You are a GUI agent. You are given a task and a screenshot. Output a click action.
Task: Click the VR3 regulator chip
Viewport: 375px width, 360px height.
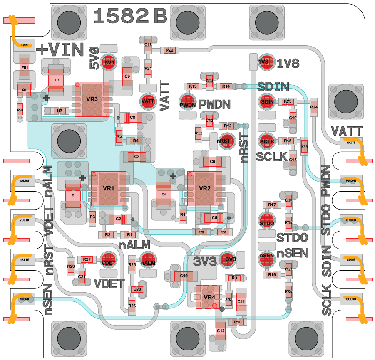(92, 99)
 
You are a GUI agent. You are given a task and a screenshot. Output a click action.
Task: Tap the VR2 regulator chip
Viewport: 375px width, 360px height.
(204, 188)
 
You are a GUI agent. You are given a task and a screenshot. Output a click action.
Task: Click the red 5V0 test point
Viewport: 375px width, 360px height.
(109, 63)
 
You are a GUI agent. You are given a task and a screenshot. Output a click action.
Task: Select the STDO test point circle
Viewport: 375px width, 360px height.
(267, 223)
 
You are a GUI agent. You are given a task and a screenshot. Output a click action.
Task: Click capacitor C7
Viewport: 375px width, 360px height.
(57, 79)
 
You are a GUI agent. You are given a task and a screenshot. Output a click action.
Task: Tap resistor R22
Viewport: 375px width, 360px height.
(169, 50)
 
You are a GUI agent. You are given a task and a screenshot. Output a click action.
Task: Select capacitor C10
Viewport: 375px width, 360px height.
(184, 276)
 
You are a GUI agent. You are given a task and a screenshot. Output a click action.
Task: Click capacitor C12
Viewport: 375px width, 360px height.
(221, 330)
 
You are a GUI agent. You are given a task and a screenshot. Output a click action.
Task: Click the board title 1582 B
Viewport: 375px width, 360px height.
(130, 17)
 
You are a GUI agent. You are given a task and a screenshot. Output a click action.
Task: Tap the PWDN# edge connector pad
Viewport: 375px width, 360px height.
(351, 181)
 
